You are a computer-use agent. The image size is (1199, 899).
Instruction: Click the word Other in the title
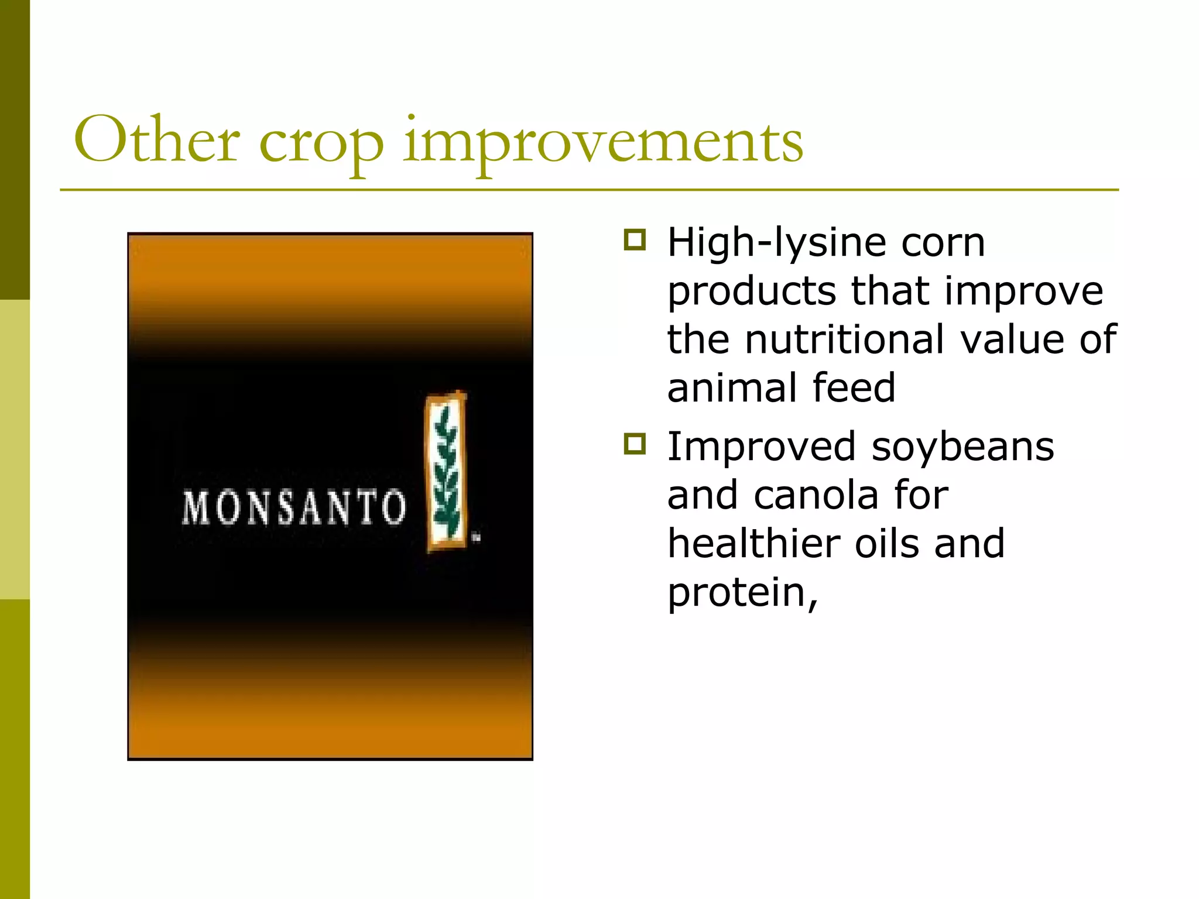(x=156, y=140)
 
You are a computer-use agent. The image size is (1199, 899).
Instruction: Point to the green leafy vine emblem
(x=446, y=472)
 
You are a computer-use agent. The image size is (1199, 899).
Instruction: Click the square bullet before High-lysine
(x=635, y=240)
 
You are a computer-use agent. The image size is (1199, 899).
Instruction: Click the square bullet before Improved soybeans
(x=635, y=444)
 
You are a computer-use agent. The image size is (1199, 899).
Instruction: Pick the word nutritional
(x=844, y=339)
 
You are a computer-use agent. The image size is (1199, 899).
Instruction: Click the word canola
(x=816, y=495)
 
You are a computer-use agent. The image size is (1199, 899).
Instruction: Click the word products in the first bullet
(x=752, y=291)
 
